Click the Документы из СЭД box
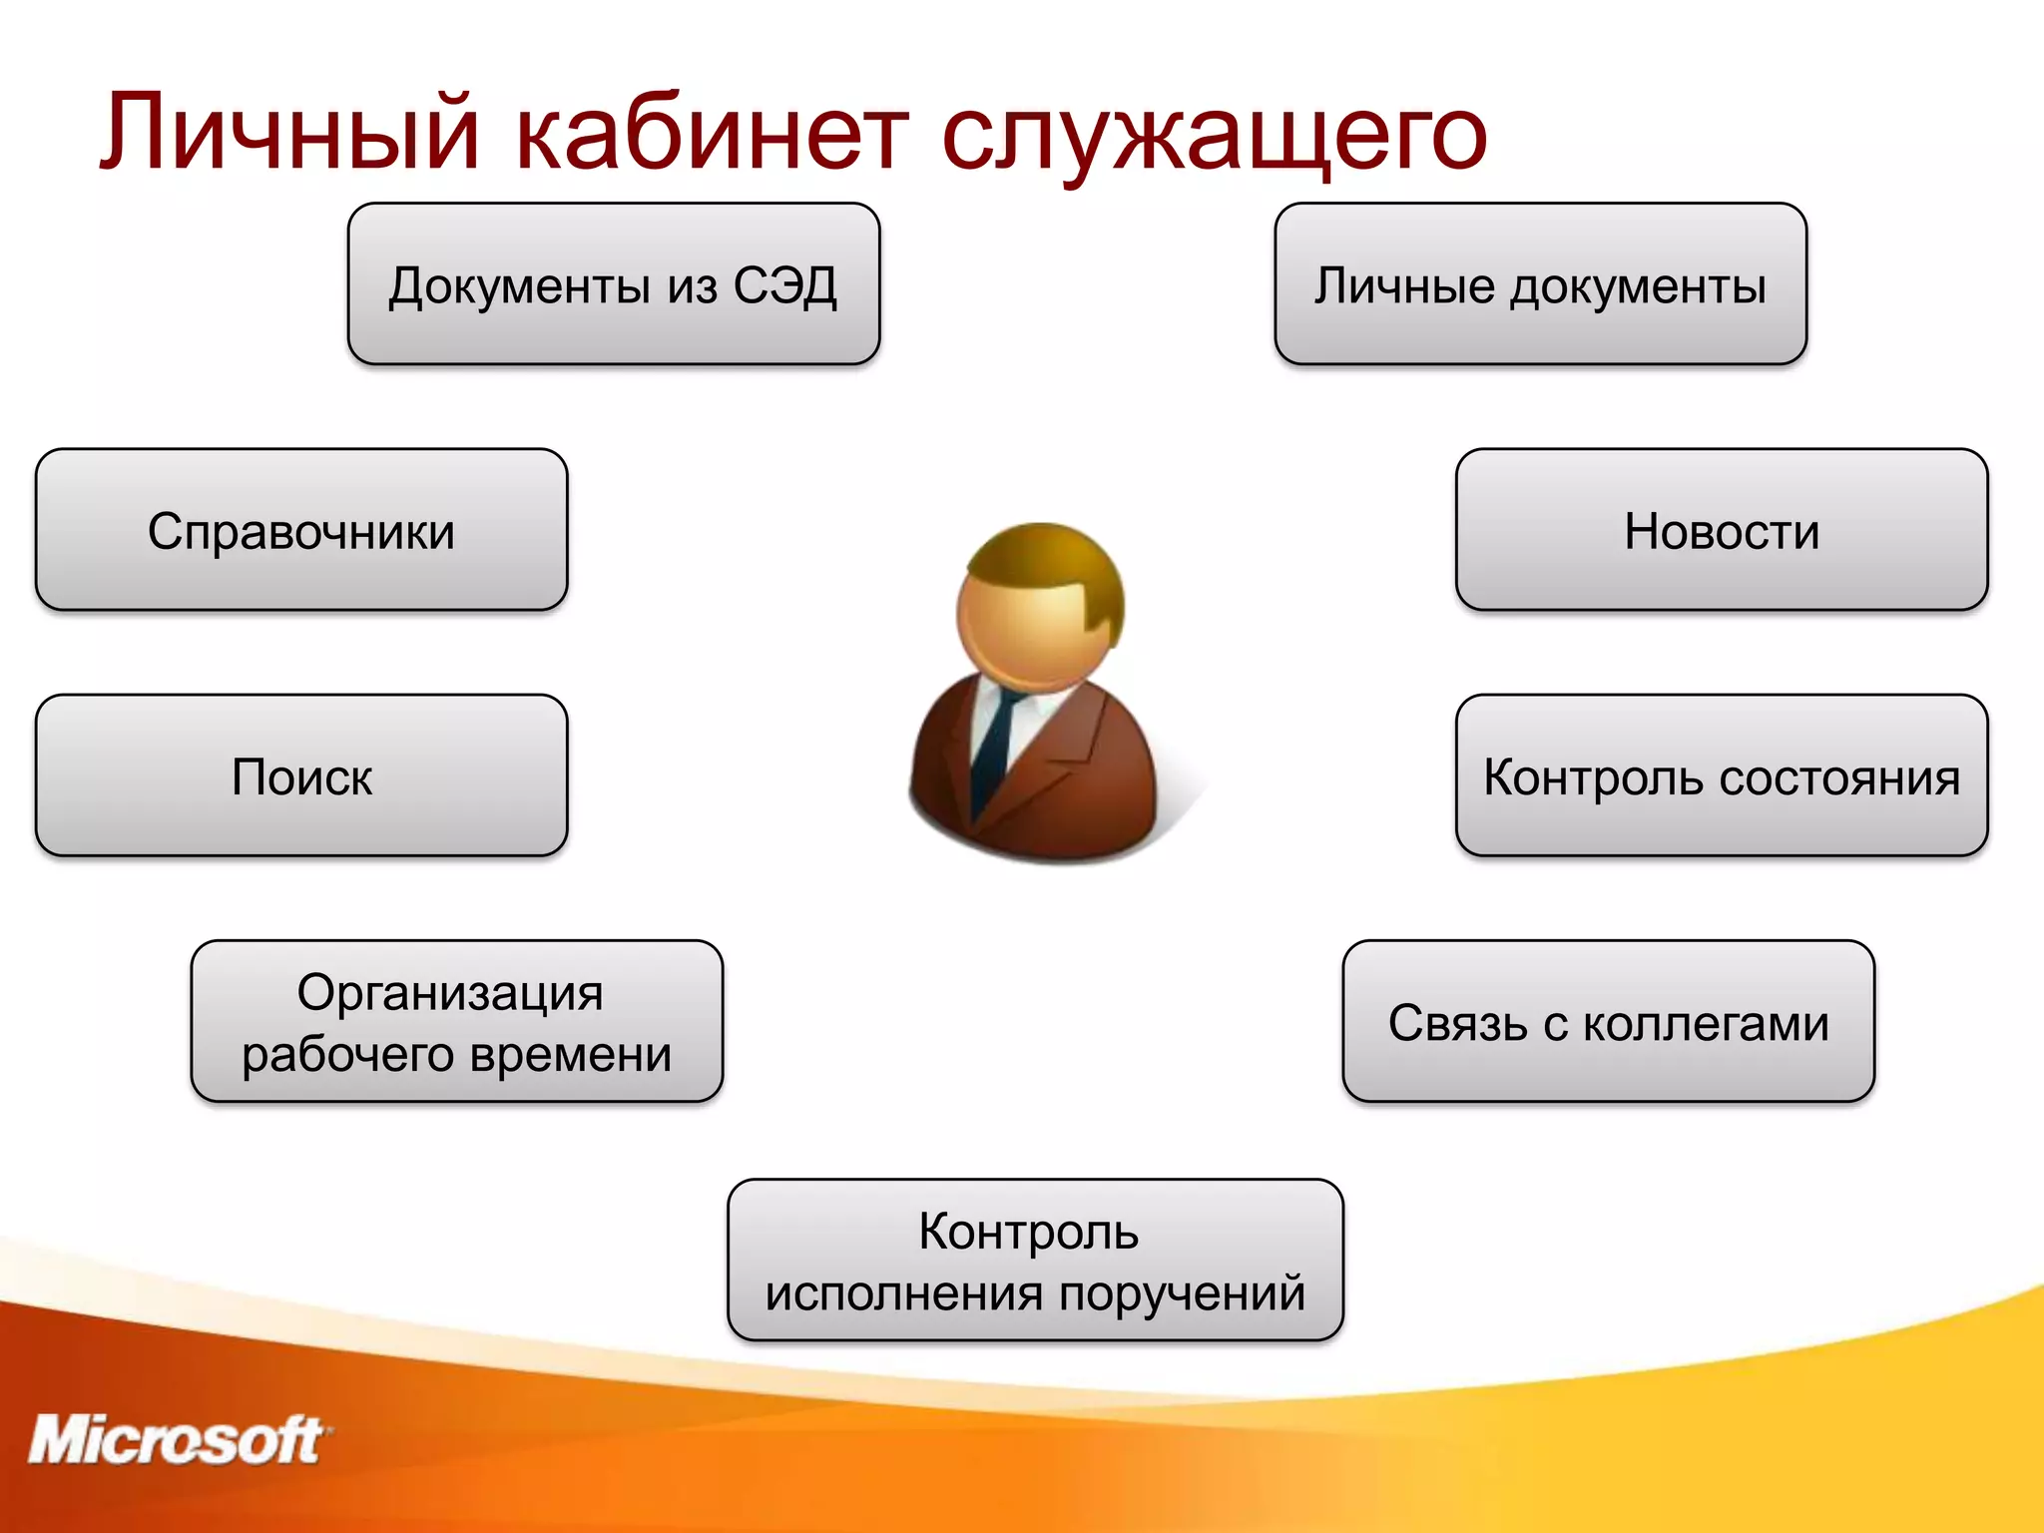pyautogui.click(x=613, y=284)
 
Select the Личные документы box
pyautogui.click(x=1540, y=284)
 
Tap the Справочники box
pyautogui.click(x=301, y=530)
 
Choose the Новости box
pyautogui.click(x=1722, y=530)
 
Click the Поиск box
pyautogui.click(x=301, y=775)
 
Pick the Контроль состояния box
pyautogui.click(x=1722, y=775)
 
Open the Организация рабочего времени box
pyautogui.click(x=456, y=1021)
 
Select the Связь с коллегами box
pyautogui.click(x=1608, y=1021)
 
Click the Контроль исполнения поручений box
pyautogui.click(x=1035, y=1260)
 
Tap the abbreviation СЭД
pyautogui.click(x=784, y=286)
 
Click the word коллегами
pyautogui.click(x=1706, y=1024)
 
